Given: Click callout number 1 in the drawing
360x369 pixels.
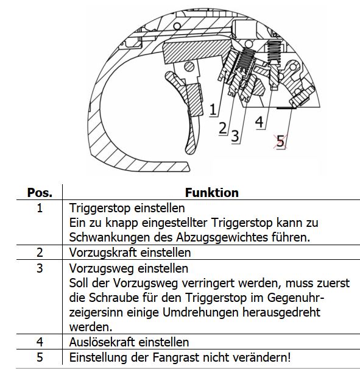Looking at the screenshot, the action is (213, 109).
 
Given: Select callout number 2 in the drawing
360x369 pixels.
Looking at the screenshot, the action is (223, 128).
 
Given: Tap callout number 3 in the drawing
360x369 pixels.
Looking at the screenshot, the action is (235, 136).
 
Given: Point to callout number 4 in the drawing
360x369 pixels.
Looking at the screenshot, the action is (259, 122).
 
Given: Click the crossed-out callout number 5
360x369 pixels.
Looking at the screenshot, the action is (280, 142).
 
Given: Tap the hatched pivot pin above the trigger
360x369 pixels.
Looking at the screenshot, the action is (189, 66).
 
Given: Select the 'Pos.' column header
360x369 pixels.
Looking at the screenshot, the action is (40, 193).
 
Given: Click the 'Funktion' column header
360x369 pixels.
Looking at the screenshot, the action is (212, 193).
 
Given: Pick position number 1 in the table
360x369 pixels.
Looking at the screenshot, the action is (40, 208).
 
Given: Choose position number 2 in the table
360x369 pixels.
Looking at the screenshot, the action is (40, 253).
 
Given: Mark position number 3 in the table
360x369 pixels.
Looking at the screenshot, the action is (40, 268).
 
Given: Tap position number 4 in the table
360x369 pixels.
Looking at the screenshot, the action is (40, 342).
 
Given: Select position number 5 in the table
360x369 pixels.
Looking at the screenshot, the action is (40, 357).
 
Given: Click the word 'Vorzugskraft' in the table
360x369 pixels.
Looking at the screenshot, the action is (103, 253).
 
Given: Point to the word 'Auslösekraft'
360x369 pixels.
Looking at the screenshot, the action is (102, 342).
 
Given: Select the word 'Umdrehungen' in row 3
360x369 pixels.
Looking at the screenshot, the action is (200, 313).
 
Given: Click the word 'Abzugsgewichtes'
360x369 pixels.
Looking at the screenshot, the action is (222, 237).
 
